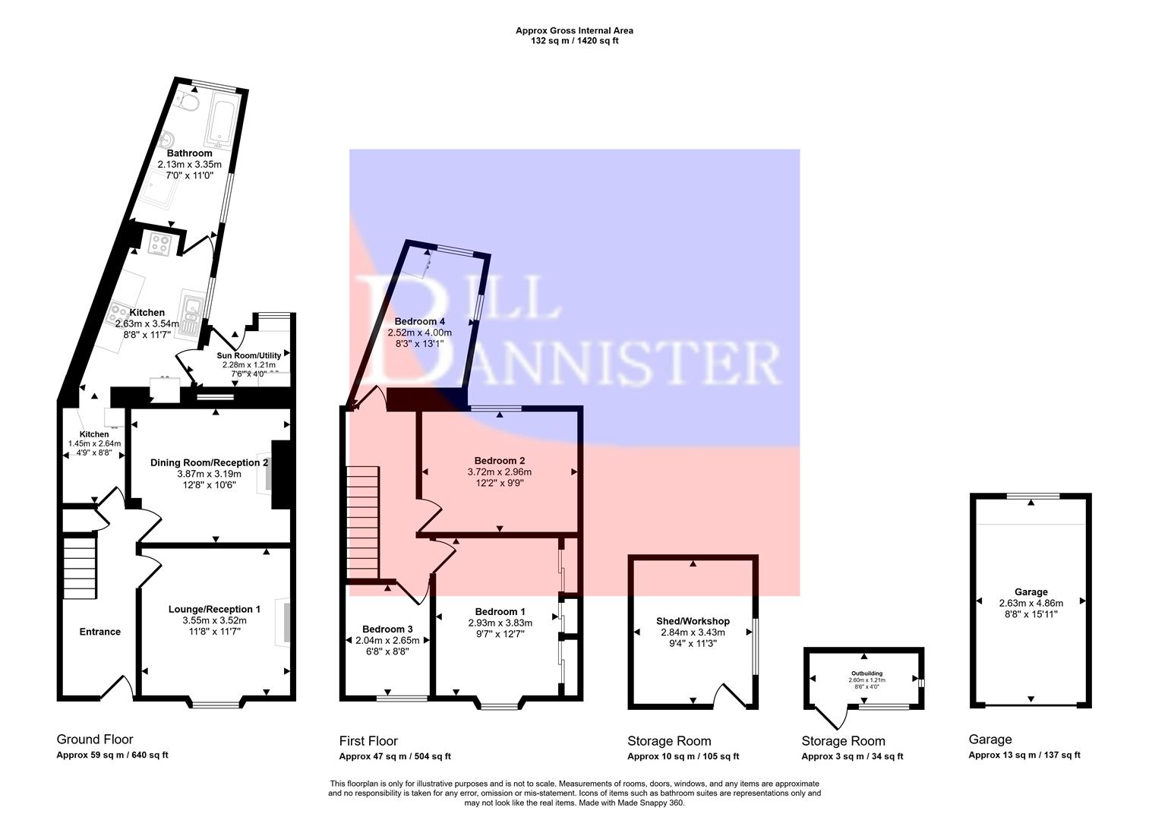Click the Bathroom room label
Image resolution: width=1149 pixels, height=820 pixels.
189,153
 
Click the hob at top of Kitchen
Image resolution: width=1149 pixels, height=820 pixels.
160,244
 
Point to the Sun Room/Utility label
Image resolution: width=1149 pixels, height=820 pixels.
249,355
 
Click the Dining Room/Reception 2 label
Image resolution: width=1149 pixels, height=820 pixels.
209,462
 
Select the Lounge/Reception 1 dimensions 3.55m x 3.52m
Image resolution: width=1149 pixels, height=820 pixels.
214,620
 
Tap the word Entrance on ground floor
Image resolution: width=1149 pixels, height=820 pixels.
100,632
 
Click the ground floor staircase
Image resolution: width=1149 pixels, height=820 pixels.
79,568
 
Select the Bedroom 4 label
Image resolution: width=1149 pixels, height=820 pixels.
419,321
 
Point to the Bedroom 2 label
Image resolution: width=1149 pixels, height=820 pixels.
499,460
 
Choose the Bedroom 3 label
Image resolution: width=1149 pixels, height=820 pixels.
387,629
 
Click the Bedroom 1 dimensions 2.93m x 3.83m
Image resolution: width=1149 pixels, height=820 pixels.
500,623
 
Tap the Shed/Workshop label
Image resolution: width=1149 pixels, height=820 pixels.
693,621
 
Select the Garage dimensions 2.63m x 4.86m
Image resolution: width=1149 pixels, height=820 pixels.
1031,603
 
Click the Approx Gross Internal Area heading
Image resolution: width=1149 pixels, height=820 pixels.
574,31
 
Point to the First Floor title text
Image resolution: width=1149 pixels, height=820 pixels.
368,741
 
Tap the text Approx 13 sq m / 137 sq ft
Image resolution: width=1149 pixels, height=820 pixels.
1024,755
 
